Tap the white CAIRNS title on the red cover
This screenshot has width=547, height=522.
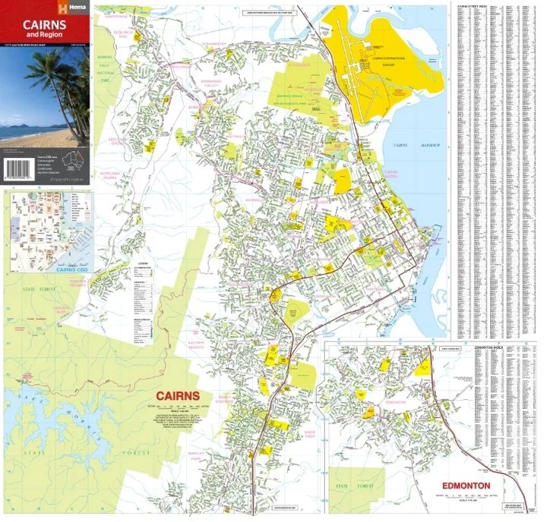[44, 24]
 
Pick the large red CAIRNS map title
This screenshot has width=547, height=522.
[177, 396]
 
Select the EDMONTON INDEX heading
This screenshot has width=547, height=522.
[489, 346]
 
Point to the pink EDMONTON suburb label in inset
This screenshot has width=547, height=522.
[396, 402]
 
